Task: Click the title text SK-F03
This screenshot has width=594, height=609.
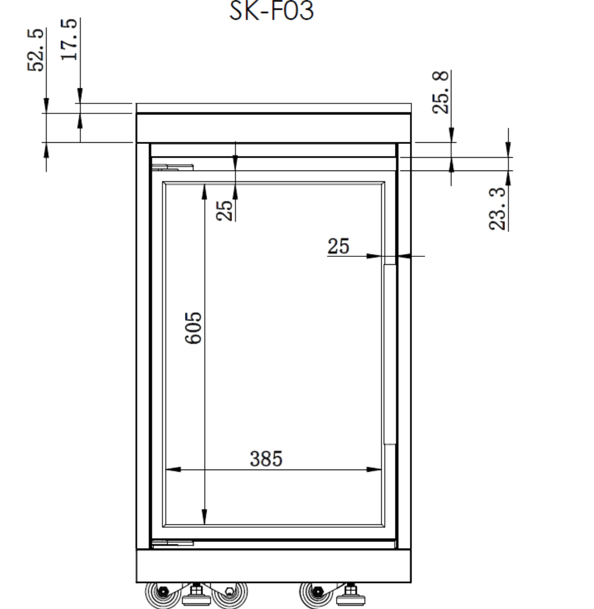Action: (x=271, y=11)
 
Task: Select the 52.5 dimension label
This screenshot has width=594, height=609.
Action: (x=36, y=50)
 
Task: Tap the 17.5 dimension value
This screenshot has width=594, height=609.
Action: (x=70, y=39)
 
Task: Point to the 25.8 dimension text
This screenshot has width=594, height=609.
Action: (x=440, y=92)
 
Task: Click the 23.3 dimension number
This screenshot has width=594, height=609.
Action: (x=497, y=209)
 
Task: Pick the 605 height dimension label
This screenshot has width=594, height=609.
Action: (x=193, y=328)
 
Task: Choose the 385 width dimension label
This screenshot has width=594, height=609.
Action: (x=266, y=459)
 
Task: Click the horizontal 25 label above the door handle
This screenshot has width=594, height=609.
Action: (x=338, y=246)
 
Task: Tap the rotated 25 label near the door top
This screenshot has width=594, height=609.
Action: (x=224, y=210)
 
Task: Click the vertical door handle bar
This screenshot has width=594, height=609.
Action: (x=389, y=354)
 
